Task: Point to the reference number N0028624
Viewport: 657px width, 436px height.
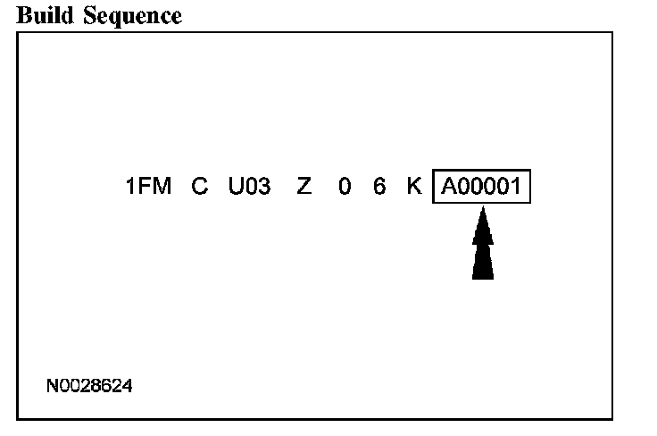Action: [x=90, y=386]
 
